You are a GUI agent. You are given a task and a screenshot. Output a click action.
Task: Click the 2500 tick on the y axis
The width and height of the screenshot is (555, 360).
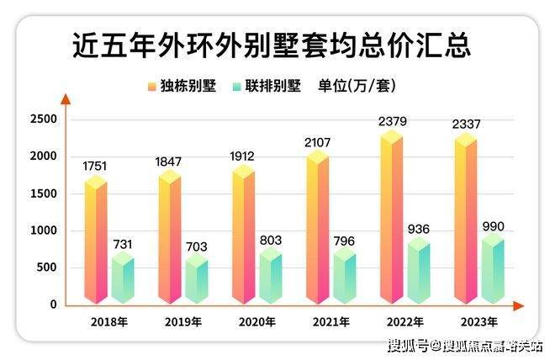(44, 119)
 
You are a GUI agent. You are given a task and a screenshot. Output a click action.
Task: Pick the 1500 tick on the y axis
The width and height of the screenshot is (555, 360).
(44, 193)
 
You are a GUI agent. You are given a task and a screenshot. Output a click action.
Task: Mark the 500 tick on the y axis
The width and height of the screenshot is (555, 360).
(46, 268)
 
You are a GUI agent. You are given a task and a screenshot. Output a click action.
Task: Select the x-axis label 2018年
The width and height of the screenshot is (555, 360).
(109, 322)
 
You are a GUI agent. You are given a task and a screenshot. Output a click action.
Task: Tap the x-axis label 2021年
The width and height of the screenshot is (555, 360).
(330, 322)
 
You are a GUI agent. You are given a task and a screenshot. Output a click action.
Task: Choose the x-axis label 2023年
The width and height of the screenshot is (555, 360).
(478, 322)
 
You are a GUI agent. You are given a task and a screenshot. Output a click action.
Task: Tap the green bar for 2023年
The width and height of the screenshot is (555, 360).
(492, 269)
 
